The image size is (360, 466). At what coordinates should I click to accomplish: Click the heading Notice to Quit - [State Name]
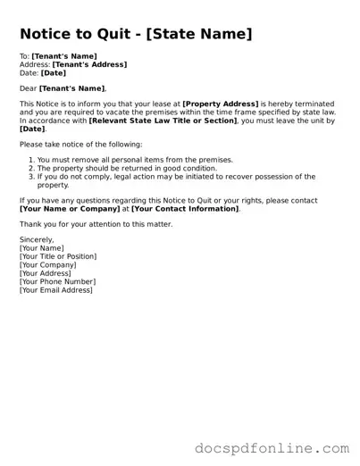(x=136, y=35)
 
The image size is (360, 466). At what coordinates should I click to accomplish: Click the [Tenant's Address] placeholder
(x=89, y=64)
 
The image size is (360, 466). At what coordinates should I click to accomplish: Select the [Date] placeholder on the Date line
(x=53, y=72)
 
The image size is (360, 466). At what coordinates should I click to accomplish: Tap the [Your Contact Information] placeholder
(x=185, y=208)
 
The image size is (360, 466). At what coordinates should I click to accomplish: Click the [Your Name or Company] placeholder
(x=69, y=208)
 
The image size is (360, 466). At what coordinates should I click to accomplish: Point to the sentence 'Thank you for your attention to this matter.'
(x=96, y=224)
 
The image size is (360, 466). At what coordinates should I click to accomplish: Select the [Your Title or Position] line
(x=58, y=256)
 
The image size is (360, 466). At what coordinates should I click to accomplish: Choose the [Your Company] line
(x=48, y=265)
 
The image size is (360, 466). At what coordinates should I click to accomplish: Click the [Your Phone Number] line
(x=57, y=281)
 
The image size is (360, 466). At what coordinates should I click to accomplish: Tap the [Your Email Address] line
(x=56, y=289)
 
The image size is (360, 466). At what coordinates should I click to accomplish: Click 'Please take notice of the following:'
(x=80, y=144)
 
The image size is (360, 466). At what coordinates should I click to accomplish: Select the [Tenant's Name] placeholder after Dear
(x=71, y=88)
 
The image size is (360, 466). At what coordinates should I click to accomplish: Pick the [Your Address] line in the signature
(x=46, y=273)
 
